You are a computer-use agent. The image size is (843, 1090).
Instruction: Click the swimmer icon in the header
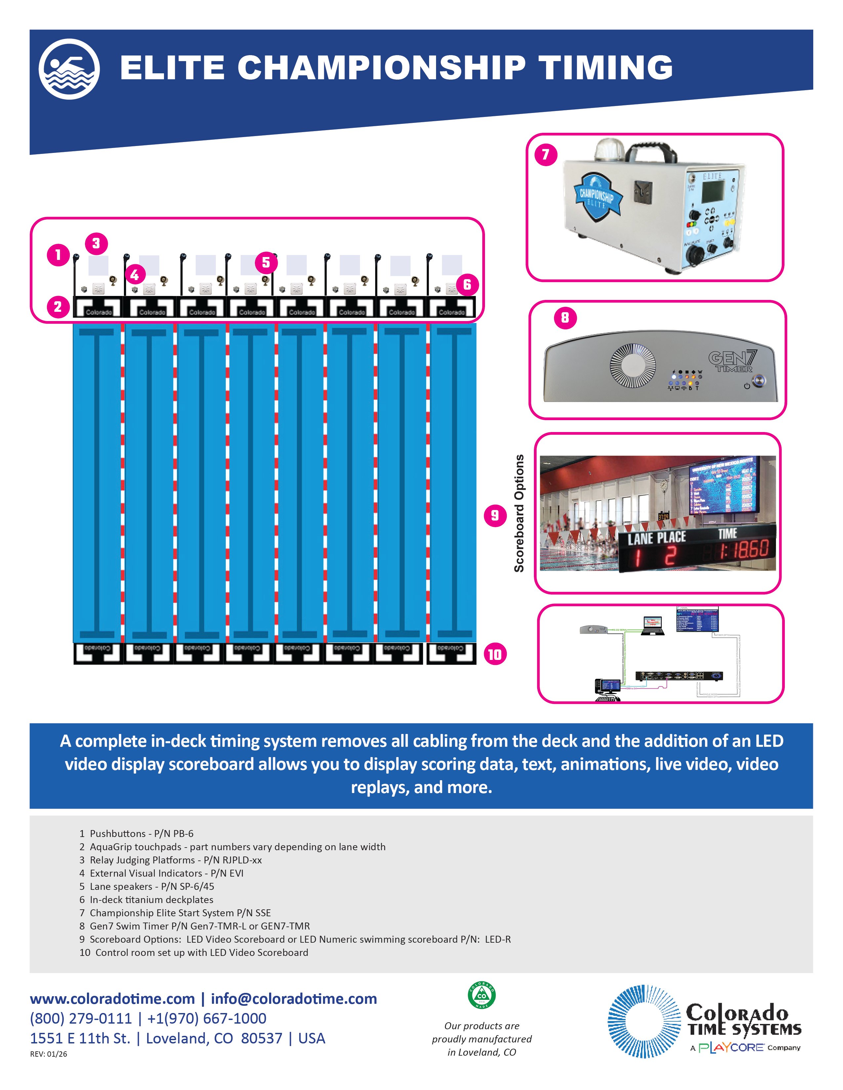69,69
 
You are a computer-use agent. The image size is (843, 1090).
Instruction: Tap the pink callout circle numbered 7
546,155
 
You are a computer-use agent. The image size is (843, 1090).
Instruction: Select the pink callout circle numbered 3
97,243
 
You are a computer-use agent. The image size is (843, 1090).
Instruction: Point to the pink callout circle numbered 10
495,654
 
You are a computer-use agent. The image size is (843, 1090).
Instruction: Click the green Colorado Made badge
481,996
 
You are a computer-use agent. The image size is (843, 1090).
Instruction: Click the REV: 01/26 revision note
49,1054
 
